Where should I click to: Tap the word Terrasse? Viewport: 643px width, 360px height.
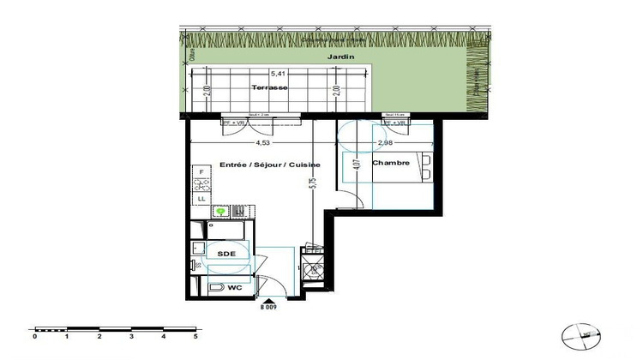pyautogui.click(x=269, y=88)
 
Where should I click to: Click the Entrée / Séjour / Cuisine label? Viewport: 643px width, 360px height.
pyautogui.click(x=269, y=164)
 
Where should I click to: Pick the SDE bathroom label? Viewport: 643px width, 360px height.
pyautogui.click(x=226, y=255)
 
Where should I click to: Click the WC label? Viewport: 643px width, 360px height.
pyautogui.click(x=232, y=287)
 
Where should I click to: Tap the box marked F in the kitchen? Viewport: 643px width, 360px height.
pyautogui.click(x=201, y=172)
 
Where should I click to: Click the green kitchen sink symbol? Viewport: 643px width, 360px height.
pyautogui.click(x=222, y=209)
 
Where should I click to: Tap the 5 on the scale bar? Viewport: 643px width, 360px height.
pyautogui.click(x=196, y=337)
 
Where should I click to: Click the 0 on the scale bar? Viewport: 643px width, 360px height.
pyautogui.click(x=34, y=337)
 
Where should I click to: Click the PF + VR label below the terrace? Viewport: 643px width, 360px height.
pyautogui.click(x=232, y=123)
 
